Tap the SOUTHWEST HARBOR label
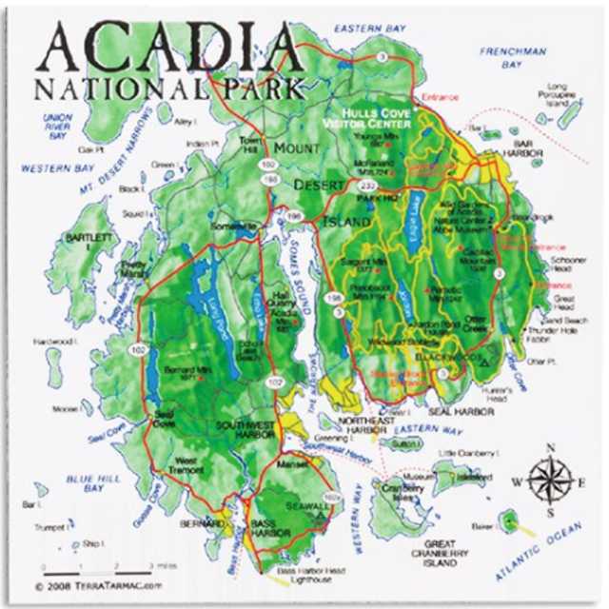pos(246,430)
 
